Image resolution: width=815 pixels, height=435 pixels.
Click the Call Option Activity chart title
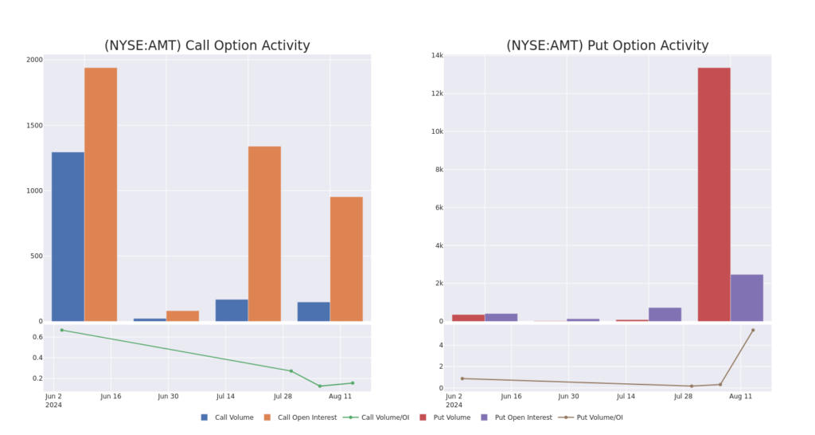click(207, 45)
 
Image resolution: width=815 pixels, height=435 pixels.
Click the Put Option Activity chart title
click(607, 45)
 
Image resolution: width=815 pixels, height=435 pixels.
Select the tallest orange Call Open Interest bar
click(100, 194)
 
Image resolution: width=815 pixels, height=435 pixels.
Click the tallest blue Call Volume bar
click(68, 237)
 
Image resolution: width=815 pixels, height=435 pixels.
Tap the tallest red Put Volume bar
click(714, 194)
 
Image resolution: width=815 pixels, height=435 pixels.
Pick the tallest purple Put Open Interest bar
click(747, 298)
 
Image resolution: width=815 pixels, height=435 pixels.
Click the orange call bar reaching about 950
click(346, 259)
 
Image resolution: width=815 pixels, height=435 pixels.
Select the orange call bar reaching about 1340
click(264, 233)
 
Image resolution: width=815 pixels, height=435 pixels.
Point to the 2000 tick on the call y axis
click(34, 60)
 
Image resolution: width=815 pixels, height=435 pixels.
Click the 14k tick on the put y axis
click(437, 55)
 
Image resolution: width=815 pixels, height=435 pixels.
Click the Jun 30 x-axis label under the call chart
click(168, 396)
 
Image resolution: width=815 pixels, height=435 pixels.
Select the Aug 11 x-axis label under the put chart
click(740, 396)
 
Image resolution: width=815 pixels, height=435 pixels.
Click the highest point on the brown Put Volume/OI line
click(753, 330)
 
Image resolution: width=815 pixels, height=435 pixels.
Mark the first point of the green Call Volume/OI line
click(61, 330)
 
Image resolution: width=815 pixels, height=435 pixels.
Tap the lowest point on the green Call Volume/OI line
click(320, 386)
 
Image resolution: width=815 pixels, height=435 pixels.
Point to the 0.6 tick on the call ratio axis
click(37, 337)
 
